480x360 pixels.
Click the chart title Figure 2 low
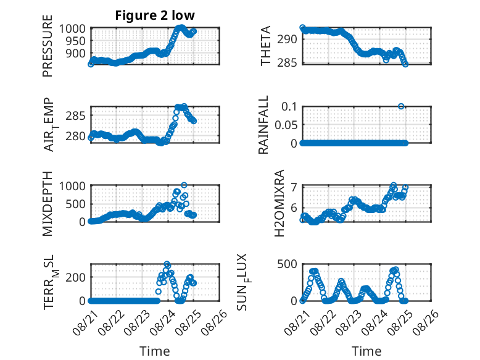(x=155, y=15)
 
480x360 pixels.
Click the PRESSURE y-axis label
(x=48, y=46)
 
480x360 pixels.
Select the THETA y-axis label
(x=266, y=46)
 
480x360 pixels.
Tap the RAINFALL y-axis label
(x=263, y=124)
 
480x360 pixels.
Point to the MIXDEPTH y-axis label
(x=48, y=203)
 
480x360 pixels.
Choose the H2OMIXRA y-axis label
(x=279, y=203)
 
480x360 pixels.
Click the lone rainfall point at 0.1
(x=401, y=106)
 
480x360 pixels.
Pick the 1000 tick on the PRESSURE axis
(x=72, y=28)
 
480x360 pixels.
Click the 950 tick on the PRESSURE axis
(x=75, y=41)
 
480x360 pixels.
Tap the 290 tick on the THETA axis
(x=287, y=40)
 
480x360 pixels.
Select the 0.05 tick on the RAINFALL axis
(x=286, y=125)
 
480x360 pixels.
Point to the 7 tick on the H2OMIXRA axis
(x=294, y=187)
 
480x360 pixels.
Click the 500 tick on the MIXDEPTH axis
(x=75, y=204)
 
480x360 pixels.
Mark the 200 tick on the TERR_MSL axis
(x=75, y=277)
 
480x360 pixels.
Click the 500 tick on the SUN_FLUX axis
(x=287, y=264)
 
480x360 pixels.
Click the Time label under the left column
(x=155, y=351)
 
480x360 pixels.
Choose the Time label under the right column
(x=366, y=351)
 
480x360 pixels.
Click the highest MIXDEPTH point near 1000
(x=184, y=185)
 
